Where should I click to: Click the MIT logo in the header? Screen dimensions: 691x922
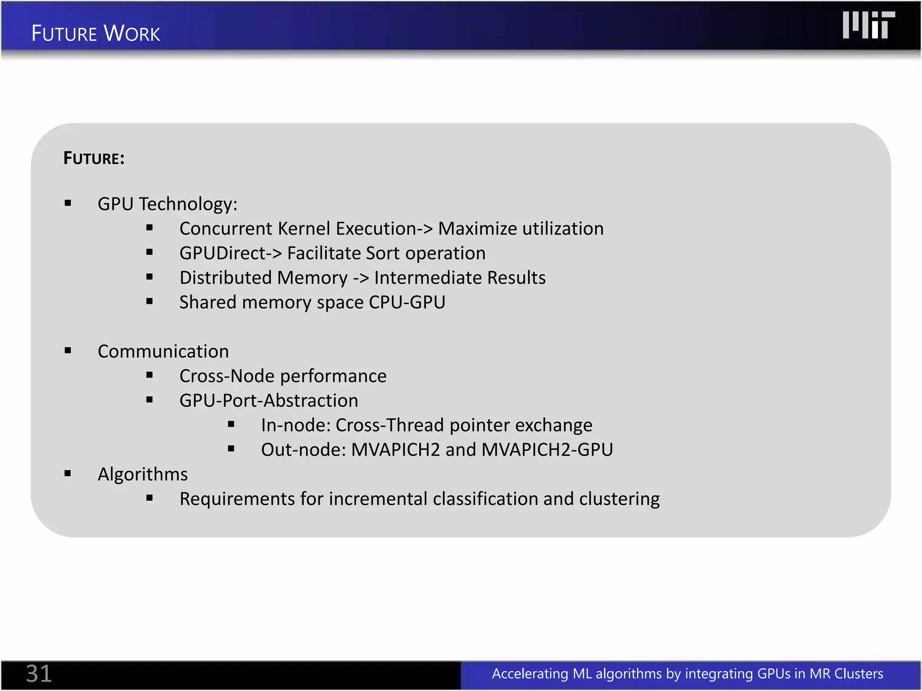tap(868, 25)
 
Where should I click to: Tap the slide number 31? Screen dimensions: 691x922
tap(39, 673)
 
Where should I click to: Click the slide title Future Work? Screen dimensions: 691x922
tap(95, 34)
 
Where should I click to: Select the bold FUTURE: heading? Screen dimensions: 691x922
tap(94, 158)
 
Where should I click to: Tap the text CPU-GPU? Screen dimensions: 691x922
tap(407, 302)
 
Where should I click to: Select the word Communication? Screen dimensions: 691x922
tap(163, 351)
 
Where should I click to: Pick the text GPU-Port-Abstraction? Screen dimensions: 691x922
tap(269, 400)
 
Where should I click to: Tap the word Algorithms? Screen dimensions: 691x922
tap(143, 474)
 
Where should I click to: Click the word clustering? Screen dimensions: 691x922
tap(619, 499)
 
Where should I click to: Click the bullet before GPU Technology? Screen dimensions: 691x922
tap(68, 203)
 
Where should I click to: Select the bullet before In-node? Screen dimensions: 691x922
tap(231, 424)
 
